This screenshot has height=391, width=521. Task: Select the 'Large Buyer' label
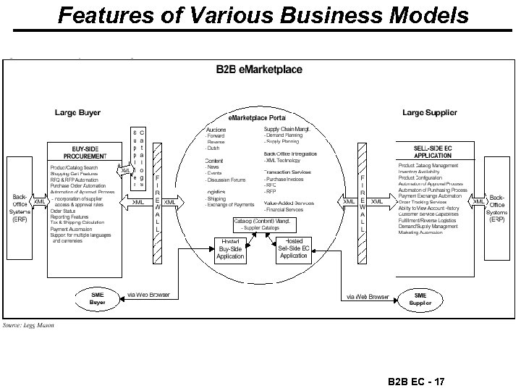click(x=78, y=113)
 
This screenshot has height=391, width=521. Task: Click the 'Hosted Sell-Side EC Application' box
click(x=294, y=248)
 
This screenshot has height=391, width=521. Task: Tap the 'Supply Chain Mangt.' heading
click(x=289, y=129)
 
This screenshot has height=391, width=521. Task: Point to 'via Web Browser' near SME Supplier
click(x=365, y=296)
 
